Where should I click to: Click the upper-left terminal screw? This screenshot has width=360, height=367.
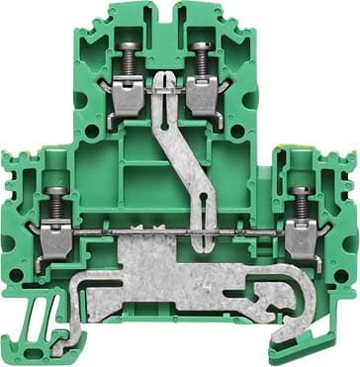tap(129, 62)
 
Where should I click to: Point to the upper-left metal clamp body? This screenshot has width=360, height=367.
tap(130, 96)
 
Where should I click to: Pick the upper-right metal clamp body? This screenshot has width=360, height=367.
tap(203, 95)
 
